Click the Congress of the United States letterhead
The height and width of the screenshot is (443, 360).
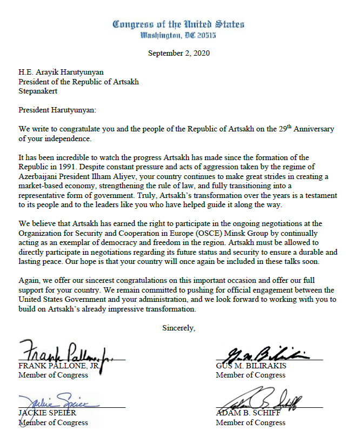tap(178, 24)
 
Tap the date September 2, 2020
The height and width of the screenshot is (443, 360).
tap(178, 53)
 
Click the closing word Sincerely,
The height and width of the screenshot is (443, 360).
tap(179, 328)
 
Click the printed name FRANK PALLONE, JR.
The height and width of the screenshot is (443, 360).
tap(59, 366)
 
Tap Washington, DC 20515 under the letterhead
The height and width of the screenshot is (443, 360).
tap(178, 35)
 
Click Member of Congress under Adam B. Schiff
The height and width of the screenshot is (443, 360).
tap(250, 422)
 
